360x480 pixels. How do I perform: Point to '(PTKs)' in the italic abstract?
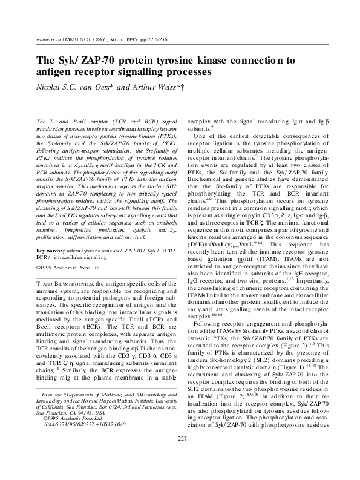(167, 137)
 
